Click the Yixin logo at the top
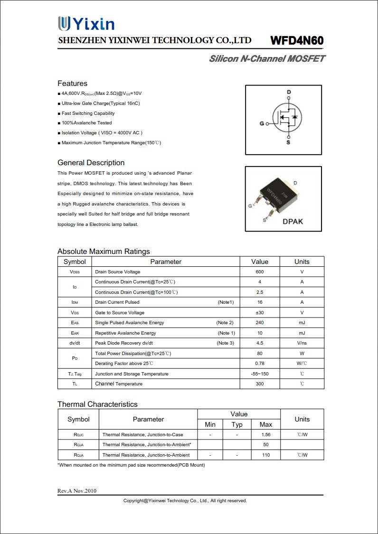86,24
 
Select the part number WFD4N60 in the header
297,41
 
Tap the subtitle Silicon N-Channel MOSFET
267,59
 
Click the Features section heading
72,84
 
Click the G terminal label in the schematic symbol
261,124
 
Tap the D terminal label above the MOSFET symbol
289,92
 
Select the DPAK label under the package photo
293,221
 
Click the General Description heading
91,163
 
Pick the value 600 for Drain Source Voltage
259,272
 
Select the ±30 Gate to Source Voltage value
259,313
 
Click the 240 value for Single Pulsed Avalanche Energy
259,323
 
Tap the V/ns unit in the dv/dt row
302,343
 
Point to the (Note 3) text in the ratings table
225,343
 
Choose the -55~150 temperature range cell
259,374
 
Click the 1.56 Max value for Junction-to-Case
266,435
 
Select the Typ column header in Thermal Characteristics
237,424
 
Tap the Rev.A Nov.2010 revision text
77,491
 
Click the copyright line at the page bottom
185,501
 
